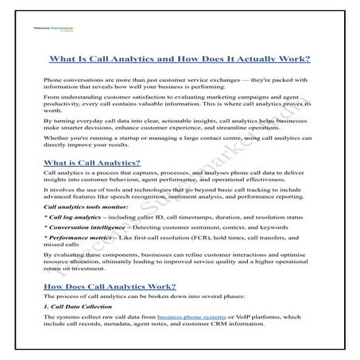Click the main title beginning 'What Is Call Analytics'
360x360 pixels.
click(180, 60)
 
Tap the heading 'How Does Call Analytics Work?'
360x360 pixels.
click(110, 286)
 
